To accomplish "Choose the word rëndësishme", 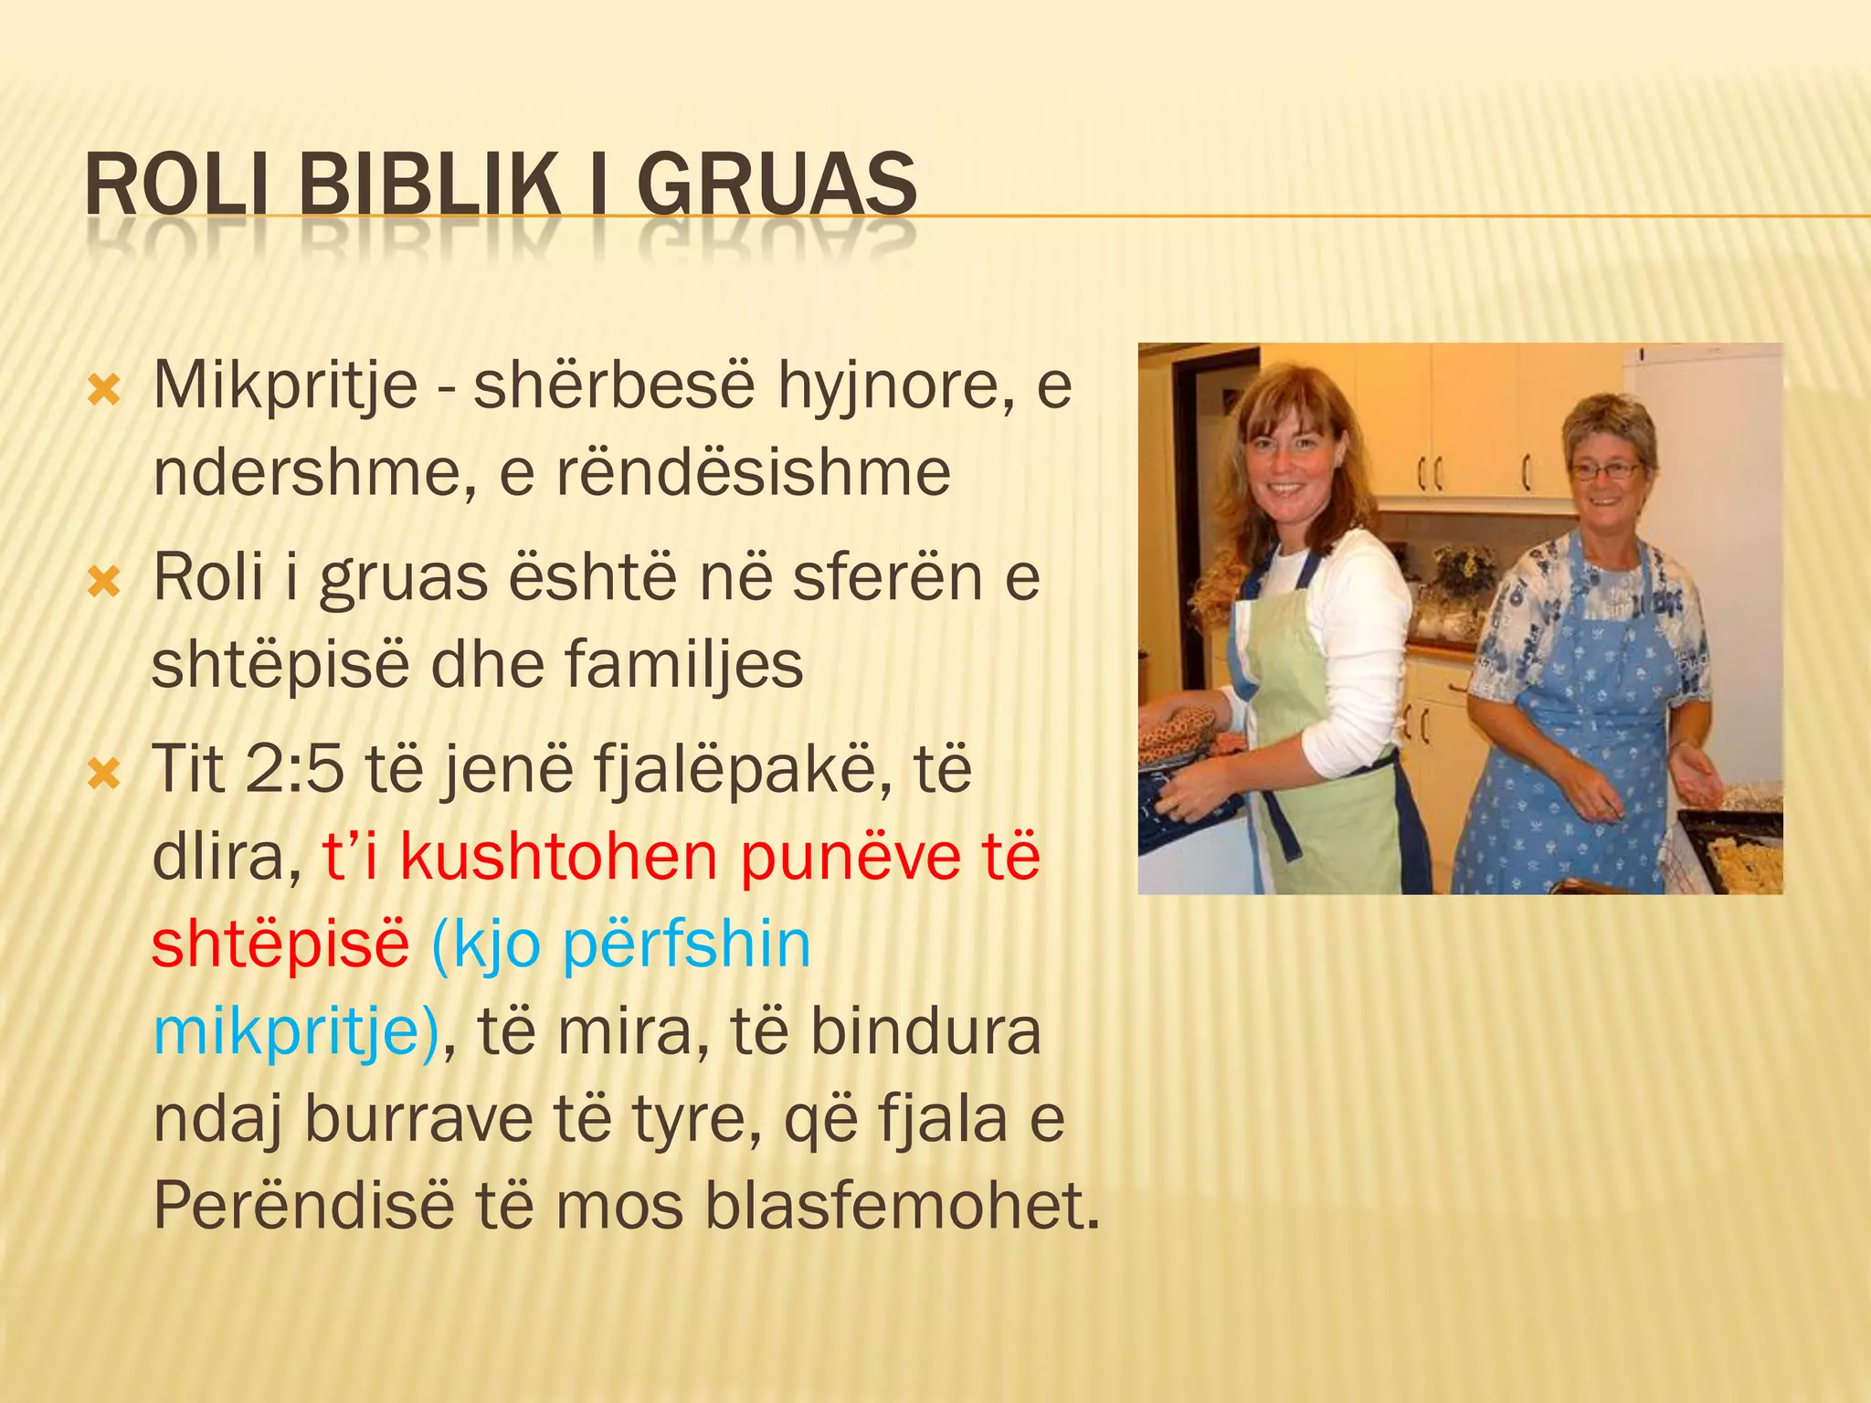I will point(753,472).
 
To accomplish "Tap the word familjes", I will point(684,664).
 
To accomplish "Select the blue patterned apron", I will point(1571,731).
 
